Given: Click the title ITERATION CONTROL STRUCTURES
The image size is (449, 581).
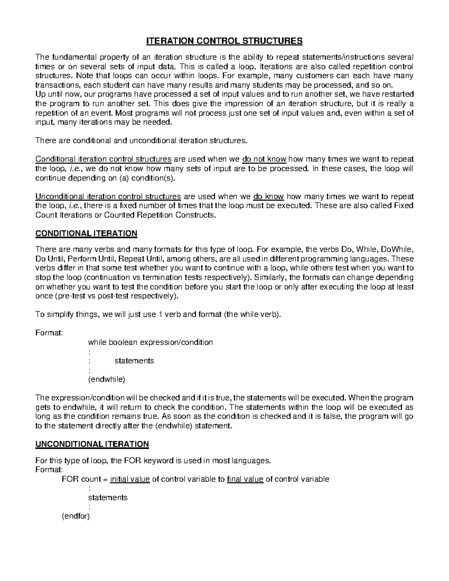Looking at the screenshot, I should (x=224, y=41).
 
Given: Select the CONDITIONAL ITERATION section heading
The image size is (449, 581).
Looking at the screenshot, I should (x=86, y=234).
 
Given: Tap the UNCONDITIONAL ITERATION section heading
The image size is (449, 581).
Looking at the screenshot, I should (x=92, y=444).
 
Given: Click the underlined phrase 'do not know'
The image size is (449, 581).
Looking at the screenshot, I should (x=264, y=159).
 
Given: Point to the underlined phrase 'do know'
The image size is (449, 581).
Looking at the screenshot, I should (x=269, y=196).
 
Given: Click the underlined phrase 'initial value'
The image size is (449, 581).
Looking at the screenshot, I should (x=130, y=479).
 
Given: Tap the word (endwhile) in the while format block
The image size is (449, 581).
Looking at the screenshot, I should (x=106, y=379).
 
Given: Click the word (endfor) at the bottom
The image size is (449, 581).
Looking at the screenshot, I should (x=76, y=516).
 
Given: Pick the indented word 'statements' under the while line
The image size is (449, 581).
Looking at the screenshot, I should (x=134, y=361).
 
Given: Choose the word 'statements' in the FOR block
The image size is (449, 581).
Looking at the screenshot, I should (x=108, y=498).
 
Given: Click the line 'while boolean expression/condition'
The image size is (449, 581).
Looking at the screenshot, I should (x=150, y=342).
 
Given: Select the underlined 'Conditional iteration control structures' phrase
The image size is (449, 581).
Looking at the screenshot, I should (x=103, y=159).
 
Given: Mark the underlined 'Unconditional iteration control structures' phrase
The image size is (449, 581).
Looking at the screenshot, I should (x=108, y=196).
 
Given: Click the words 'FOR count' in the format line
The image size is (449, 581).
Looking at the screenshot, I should (x=81, y=479).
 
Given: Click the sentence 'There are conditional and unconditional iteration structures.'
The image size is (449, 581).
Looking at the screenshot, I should (x=141, y=141).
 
